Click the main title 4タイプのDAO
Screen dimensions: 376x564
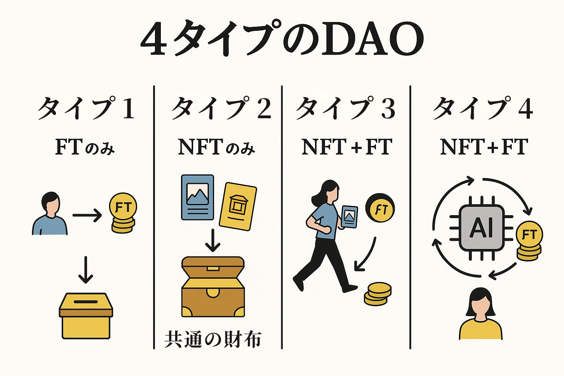tap(282, 39)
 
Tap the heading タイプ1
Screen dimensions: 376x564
tap(86, 108)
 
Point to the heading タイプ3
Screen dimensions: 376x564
tap(346, 108)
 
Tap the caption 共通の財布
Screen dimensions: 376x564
tap(213, 339)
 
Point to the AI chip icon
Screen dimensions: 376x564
tap(481, 228)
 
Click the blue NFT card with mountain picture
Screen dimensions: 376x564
tap(198, 197)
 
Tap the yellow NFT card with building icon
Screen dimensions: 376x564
tap(238, 206)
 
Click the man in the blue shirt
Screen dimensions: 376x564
tap(50, 215)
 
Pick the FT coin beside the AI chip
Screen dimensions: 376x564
tap(529, 241)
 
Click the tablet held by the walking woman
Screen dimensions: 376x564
tap(349, 217)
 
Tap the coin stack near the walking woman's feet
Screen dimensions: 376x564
tap(377, 294)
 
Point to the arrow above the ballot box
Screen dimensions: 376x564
tap(86, 270)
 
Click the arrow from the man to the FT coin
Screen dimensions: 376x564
tap(87, 216)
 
